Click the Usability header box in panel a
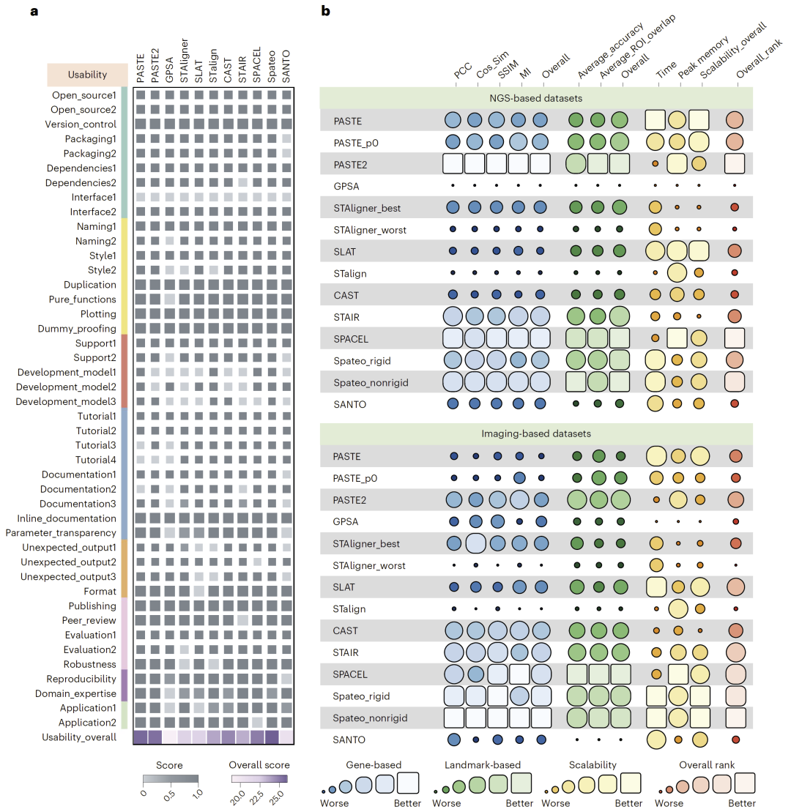[x=87, y=75]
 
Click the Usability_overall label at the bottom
[x=79, y=737]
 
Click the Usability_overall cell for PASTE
[x=140, y=737]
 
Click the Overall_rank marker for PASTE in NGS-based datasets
[x=735, y=120]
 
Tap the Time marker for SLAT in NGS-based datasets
[x=655, y=251]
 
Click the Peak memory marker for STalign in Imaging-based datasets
[x=677, y=608]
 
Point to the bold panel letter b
[x=326, y=11]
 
